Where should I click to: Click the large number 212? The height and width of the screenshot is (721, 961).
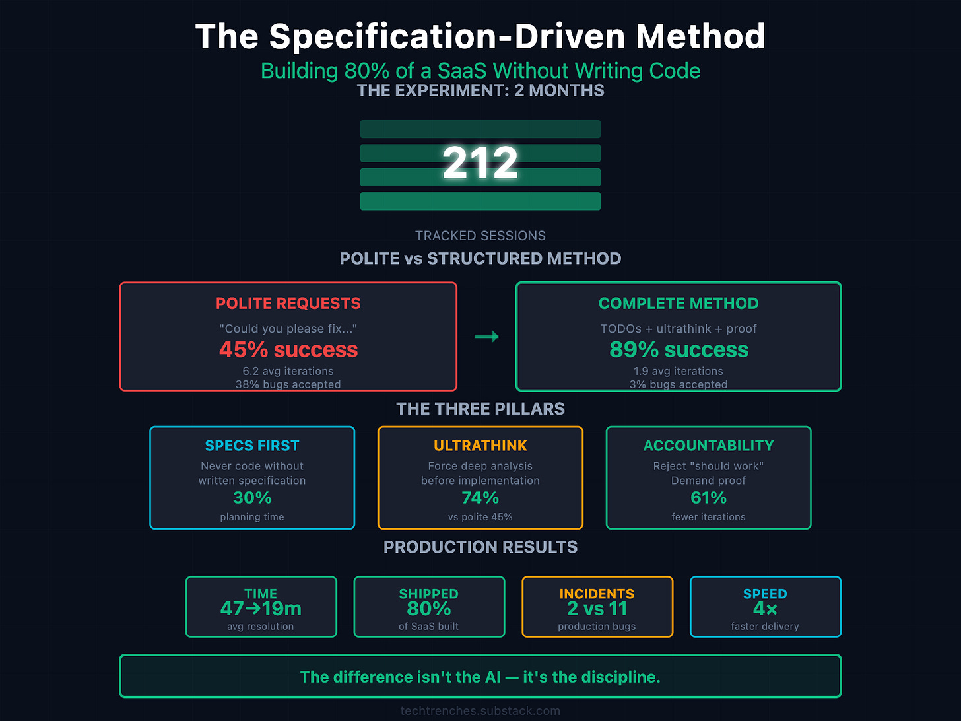pyautogui.click(x=480, y=162)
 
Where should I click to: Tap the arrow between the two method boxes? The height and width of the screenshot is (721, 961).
pyautogui.click(x=486, y=337)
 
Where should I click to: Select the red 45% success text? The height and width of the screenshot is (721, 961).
pyautogui.click(x=288, y=349)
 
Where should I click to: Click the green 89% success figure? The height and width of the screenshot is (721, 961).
pyautogui.click(x=679, y=349)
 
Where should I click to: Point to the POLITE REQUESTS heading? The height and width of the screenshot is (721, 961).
pyautogui.click(x=288, y=304)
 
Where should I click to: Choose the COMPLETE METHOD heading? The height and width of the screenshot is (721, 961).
pyautogui.click(x=679, y=304)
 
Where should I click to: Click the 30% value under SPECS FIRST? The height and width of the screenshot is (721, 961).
pyautogui.click(x=252, y=498)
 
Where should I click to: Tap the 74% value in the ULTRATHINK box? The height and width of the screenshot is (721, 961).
pyautogui.click(x=480, y=498)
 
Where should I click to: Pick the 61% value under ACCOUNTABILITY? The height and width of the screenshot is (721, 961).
pyautogui.click(x=708, y=498)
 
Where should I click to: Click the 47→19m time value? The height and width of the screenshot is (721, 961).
pyautogui.click(x=261, y=609)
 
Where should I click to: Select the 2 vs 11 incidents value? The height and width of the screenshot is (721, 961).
pyautogui.click(x=597, y=609)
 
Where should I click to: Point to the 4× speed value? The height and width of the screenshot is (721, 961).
pyautogui.click(x=765, y=609)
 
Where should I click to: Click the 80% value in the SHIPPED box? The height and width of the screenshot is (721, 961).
pyautogui.click(x=428, y=609)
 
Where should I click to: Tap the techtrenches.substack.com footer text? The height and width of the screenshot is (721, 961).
pyautogui.click(x=480, y=711)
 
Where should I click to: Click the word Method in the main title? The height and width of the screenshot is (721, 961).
pyautogui.click(x=700, y=36)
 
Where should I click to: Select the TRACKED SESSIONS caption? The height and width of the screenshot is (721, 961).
pyautogui.click(x=480, y=236)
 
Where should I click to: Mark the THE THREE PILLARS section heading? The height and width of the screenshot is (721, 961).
pyautogui.click(x=480, y=409)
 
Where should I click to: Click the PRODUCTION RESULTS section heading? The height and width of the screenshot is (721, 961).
pyautogui.click(x=480, y=547)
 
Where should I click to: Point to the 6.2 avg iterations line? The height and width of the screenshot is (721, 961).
pyautogui.click(x=288, y=371)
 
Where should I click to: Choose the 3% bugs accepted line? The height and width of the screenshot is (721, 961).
pyautogui.click(x=679, y=384)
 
